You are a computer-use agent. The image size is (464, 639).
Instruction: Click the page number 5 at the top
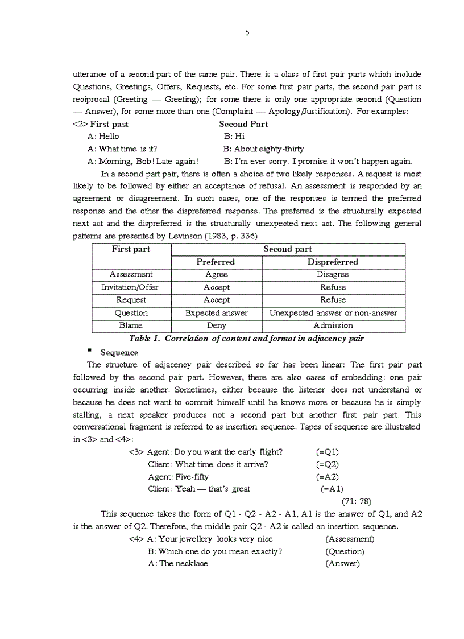click(x=247, y=32)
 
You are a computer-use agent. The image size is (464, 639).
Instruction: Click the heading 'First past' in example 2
click(x=109, y=124)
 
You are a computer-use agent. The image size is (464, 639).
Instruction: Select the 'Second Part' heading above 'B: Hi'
click(x=243, y=124)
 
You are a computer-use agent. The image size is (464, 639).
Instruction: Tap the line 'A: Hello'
click(x=103, y=137)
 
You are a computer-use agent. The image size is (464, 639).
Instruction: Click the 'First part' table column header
click(x=131, y=249)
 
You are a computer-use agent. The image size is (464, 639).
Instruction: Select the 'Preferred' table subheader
click(x=216, y=262)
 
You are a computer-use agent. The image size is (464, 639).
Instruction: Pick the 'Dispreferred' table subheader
click(x=333, y=262)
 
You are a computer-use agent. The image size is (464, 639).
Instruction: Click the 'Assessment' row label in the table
click(x=131, y=274)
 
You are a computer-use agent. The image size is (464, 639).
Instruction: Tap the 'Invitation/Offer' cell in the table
click(x=130, y=287)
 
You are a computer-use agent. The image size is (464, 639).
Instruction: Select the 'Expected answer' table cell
click(x=217, y=313)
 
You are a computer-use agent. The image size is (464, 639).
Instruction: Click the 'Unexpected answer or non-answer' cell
click(x=333, y=313)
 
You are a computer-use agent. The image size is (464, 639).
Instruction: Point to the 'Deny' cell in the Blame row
click(x=217, y=326)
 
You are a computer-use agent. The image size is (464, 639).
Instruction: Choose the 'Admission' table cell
click(x=333, y=326)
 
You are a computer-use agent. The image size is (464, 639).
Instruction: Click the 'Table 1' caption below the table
click(x=246, y=339)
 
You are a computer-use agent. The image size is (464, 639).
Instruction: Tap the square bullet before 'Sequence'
click(x=89, y=351)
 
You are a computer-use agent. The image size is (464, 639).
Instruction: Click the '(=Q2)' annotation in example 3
click(x=328, y=464)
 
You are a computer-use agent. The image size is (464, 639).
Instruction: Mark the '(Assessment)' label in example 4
click(x=350, y=539)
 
